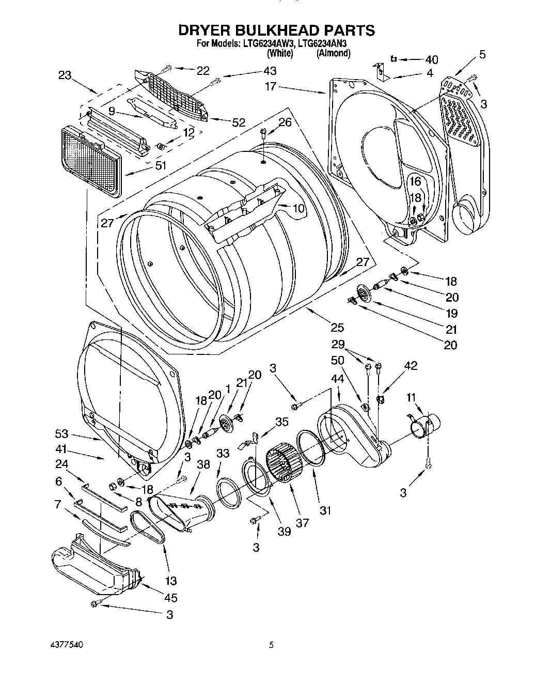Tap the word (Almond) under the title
click(334, 53)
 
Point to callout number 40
click(431, 59)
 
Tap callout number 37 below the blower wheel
click(302, 522)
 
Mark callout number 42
click(410, 366)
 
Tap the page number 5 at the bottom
click(270, 645)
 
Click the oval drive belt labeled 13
click(148, 527)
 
